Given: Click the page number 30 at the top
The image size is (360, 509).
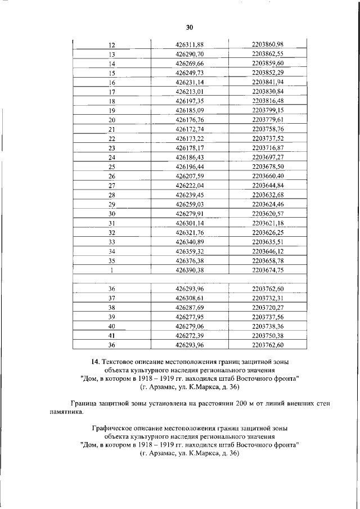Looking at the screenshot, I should tap(190, 27).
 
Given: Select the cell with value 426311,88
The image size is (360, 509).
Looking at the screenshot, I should tap(190, 46).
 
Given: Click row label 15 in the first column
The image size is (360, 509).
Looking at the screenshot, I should tap(111, 73).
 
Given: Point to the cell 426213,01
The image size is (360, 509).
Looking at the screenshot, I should tap(190, 91).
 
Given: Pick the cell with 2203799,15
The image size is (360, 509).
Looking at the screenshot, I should tap(268, 110).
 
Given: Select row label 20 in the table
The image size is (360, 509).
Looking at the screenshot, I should tap(111, 120).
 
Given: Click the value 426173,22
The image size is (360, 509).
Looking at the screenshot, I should tap(190, 138).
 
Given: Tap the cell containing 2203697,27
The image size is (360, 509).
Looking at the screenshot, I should tap(268, 157).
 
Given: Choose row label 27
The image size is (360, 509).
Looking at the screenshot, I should tap(111, 186).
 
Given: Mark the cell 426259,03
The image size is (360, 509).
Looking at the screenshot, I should tap(190, 204).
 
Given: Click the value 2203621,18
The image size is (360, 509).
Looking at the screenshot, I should tap(268, 223).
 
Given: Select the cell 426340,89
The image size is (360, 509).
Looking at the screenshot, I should tap(190, 242).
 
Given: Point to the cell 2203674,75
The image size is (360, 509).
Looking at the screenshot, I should tap(268, 270).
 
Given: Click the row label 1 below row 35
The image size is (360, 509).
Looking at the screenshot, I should tap(111, 270).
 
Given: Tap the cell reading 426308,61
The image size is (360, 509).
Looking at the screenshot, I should tap(190, 298).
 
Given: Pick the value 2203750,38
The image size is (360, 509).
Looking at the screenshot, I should tap(268, 335).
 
